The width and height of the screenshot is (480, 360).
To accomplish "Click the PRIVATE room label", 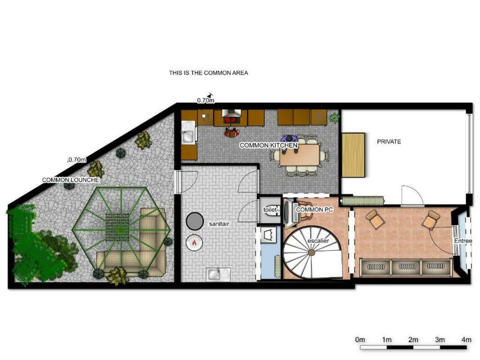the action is click(389, 142).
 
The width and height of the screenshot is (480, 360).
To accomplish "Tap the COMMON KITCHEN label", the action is click(269, 145).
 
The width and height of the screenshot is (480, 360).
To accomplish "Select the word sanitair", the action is click(219, 224).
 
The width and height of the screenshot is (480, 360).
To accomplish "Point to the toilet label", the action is click(270, 210).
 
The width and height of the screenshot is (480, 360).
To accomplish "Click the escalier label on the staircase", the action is click(318, 241).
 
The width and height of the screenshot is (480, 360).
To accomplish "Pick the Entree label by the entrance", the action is click(463, 241).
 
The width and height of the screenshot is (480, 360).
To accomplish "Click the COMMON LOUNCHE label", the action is click(71, 180).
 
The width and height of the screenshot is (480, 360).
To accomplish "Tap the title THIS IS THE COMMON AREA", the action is click(208, 73).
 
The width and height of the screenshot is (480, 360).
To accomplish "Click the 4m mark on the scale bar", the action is click(466, 339).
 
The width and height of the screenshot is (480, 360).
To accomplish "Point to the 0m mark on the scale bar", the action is click(360, 339).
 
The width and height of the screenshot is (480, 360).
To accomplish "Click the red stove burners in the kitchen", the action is click(231, 120).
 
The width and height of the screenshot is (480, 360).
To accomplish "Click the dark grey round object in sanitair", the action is click(194, 220).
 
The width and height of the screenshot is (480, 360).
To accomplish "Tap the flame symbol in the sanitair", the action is click(194, 243).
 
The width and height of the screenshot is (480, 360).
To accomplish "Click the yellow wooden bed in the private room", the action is click(353, 155).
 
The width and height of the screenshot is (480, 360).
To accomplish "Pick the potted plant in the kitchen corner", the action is click(334, 117).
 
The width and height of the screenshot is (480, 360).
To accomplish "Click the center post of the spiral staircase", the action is click(311, 252).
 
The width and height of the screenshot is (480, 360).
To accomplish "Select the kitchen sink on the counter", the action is click(188, 132).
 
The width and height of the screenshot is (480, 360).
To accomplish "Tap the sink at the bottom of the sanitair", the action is click(218, 274).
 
